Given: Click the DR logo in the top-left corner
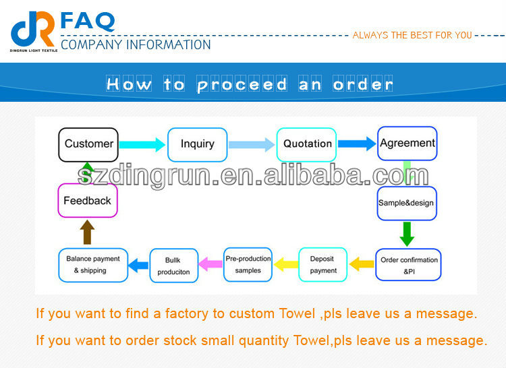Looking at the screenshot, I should click(33, 29).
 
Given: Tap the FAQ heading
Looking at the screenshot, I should click(88, 21).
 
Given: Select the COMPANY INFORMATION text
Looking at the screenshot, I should click(136, 45).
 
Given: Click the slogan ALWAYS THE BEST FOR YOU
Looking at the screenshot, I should click(412, 35).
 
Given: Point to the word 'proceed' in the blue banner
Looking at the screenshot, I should click(242, 84).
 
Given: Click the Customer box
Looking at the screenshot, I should click(88, 144).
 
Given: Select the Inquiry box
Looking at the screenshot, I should click(197, 144).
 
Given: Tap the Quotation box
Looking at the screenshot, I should click(307, 144).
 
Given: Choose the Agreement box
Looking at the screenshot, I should click(407, 144).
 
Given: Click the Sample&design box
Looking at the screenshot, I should click(407, 203).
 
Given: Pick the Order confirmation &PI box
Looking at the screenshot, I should click(409, 264).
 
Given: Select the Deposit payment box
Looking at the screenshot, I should click(323, 264).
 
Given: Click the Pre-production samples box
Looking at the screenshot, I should click(248, 264).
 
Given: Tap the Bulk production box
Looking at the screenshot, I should click(173, 266).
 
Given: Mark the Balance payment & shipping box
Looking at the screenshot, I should click(93, 264).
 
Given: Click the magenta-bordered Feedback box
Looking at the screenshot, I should click(87, 201).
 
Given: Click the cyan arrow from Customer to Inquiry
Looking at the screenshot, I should click(142, 144).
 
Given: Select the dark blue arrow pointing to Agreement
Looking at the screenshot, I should click(356, 144).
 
